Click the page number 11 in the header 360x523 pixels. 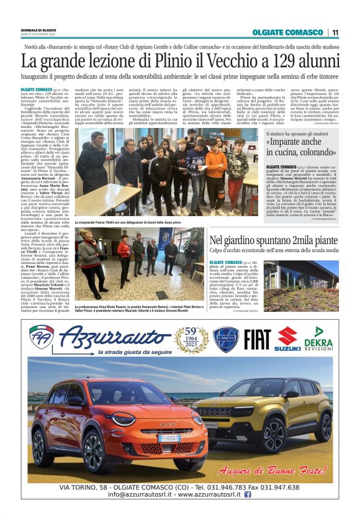pyautogui.click(x=335, y=32)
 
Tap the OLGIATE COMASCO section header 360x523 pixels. pyautogui.click(x=287, y=32)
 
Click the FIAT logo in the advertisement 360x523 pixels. pyautogui.click(x=256, y=340)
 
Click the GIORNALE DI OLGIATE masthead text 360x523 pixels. pyautogui.click(x=38, y=29)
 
